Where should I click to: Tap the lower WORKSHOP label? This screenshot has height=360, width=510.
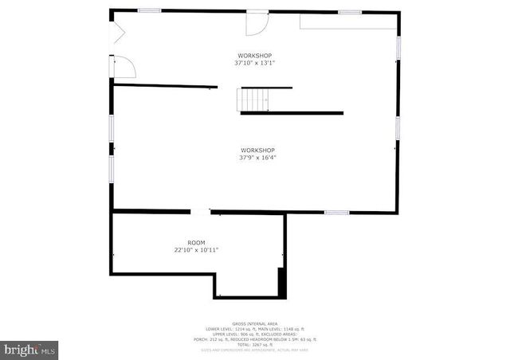tap(258, 151)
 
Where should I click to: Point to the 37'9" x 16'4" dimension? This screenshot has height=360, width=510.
tap(258, 158)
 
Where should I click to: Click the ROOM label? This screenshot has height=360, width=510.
tap(196, 242)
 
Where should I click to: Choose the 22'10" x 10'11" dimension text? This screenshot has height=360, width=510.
tap(196, 249)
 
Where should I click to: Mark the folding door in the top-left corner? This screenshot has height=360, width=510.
tap(117, 33)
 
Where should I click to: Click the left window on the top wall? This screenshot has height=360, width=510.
tap(149, 10)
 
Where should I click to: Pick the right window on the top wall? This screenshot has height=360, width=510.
tap(349, 12)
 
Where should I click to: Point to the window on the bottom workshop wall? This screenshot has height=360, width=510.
tap(336, 212)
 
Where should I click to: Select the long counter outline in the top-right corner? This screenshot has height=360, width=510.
tap(348, 22)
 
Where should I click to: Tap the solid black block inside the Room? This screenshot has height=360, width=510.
tap(281, 282)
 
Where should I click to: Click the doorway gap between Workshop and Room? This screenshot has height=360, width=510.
tap(200, 211)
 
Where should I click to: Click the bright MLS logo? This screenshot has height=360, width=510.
tap(29, 349)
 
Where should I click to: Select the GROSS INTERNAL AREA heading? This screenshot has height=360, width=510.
tap(255, 323)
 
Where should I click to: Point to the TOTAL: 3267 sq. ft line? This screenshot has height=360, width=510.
tap(255, 344)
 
